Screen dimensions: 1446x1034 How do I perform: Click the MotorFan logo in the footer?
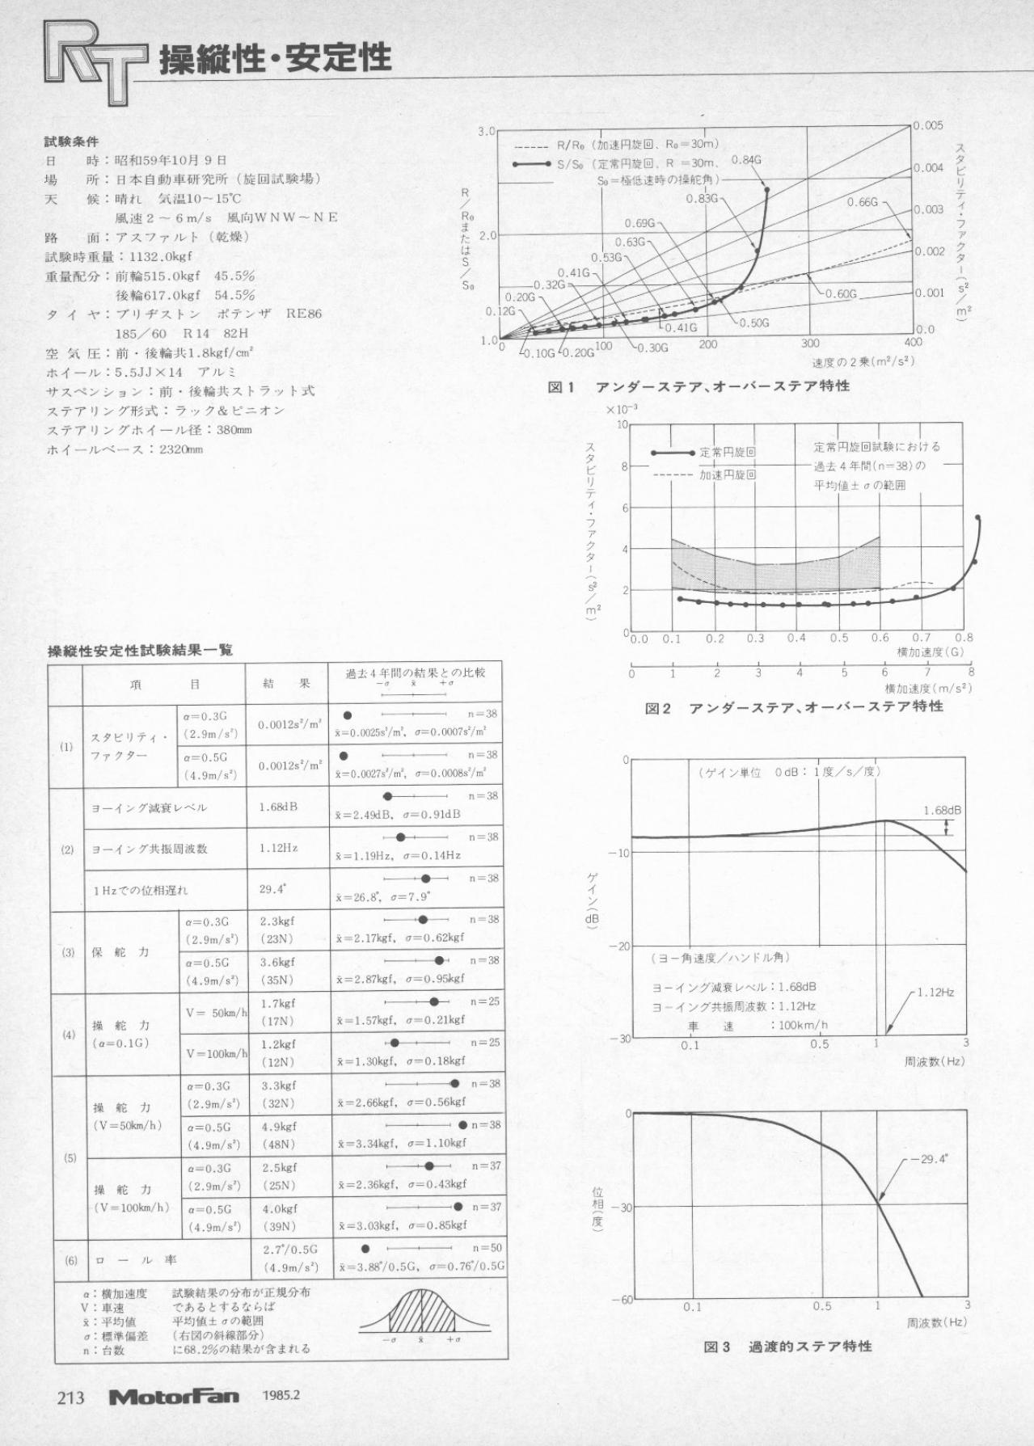[174, 1396]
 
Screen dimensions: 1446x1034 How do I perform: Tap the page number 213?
[70, 1397]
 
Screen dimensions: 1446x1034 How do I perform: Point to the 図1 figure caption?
[698, 386]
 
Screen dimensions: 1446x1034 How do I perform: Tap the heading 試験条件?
[71, 141]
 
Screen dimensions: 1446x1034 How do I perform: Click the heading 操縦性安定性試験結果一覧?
[140, 650]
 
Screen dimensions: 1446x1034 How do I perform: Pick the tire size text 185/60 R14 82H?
[182, 333]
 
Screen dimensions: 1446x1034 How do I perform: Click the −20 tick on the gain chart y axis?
[619, 946]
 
